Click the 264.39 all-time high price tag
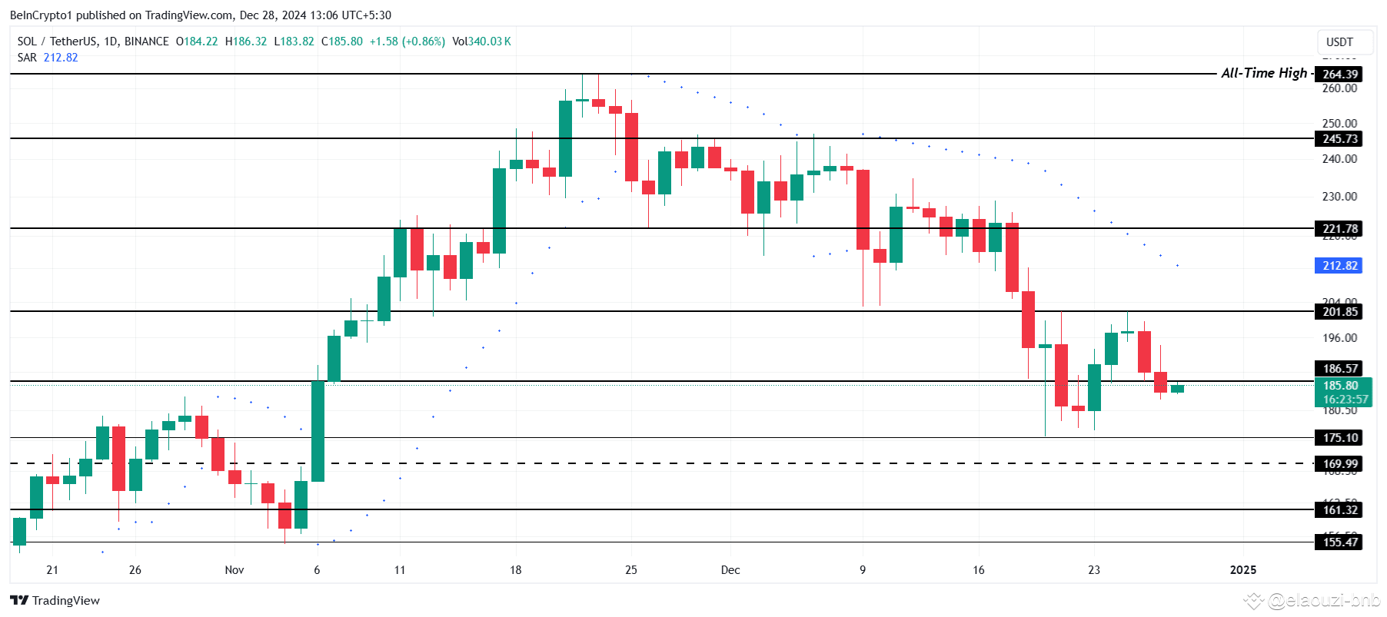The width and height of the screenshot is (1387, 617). coord(1340,74)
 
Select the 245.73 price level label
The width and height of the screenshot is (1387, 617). coord(1340,138)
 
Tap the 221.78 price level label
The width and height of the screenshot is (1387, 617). coord(1340,228)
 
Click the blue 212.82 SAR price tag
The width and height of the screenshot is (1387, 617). coord(1340,265)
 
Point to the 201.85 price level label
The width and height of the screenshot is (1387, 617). coord(1340,311)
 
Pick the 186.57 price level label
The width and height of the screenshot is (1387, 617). coord(1340,368)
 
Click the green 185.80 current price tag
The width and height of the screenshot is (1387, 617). coord(1340,386)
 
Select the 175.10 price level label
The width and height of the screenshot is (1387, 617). coord(1340,437)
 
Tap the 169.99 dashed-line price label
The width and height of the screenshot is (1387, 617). coord(1340,463)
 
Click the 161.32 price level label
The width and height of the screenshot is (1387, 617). coord(1340,509)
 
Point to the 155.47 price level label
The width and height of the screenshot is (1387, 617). coord(1340,542)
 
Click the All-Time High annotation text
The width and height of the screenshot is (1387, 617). coord(1264,73)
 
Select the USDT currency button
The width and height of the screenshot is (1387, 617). coord(1339,42)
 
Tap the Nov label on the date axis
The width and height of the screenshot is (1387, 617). coord(234,569)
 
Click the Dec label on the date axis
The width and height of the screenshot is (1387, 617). coord(730,569)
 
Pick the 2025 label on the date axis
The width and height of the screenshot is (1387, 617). coord(1243,569)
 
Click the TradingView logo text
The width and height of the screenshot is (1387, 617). coord(65,600)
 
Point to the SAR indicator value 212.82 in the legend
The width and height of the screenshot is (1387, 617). coord(61,58)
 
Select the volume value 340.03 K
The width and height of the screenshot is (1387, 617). coord(490,41)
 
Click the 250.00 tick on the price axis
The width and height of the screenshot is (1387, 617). coord(1339,123)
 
